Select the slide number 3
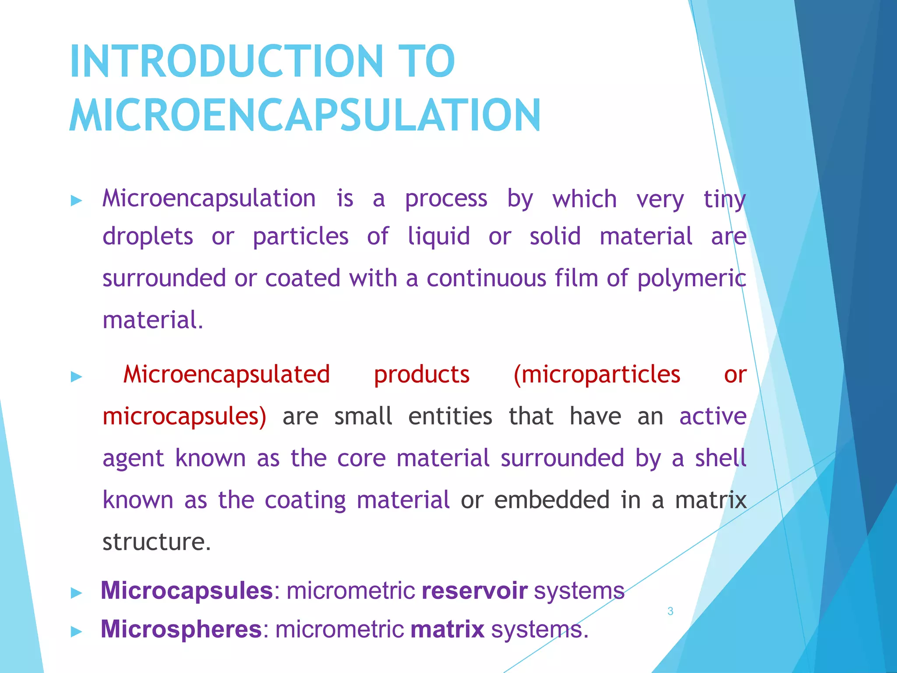(x=670, y=611)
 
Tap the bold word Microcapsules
(x=187, y=590)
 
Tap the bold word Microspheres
(x=181, y=629)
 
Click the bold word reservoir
(x=474, y=590)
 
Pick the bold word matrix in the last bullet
(x=447, y=629)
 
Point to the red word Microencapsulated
(x=226, y=375)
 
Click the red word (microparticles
(x=597, y=375)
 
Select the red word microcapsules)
(x=184, y=417)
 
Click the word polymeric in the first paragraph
(x=692, y=279)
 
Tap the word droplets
(x=148, y=237)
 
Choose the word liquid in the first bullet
(x=438, y=237)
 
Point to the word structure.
(x=156, y=542)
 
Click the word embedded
(x=551, y=500)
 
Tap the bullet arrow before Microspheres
(x=77, y=631)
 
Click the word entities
(x=450, y=416)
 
